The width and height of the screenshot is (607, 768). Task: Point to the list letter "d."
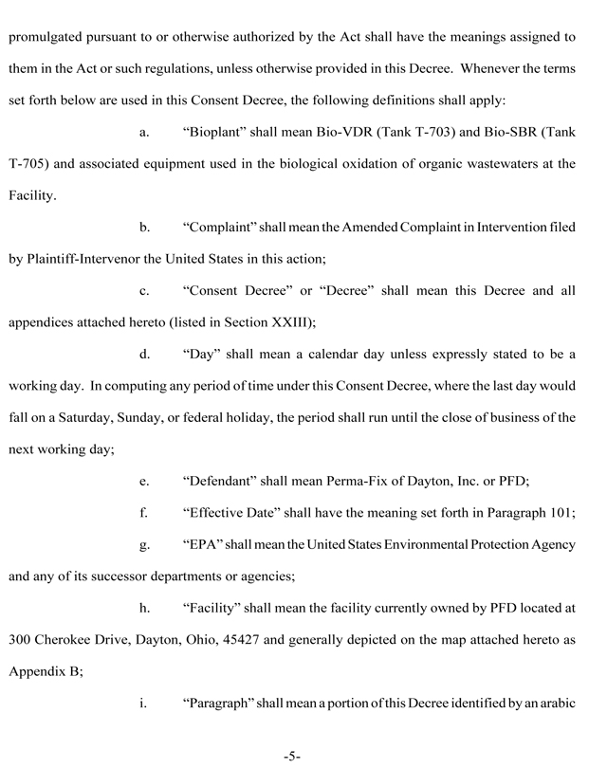pyautogui.click(x=145, y=355)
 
